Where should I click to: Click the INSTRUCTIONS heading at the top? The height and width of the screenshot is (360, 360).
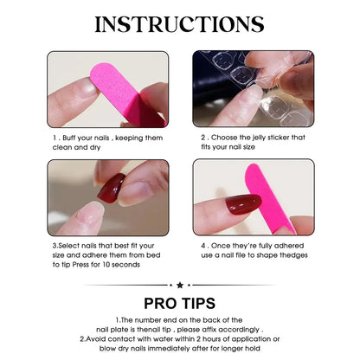pyautogui.click(x=180, y=24)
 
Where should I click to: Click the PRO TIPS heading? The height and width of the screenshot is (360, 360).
pyautogui.click(x=180, y=304)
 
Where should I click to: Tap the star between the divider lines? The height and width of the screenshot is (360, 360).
pyautogui.click(x=180, y=284)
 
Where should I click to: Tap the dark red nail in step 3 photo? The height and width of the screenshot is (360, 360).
pyautogui.click(x=112, y=188)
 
